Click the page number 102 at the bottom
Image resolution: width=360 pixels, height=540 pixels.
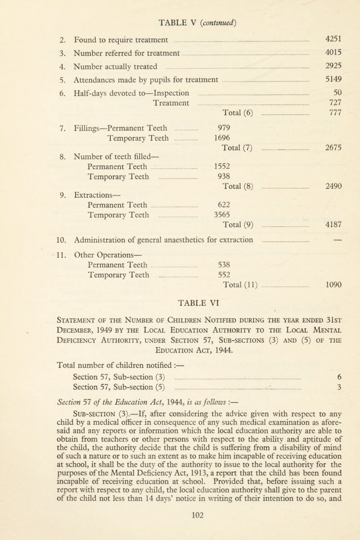tap(180, 526)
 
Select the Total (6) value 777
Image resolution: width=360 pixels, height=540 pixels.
tap(333, 123)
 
